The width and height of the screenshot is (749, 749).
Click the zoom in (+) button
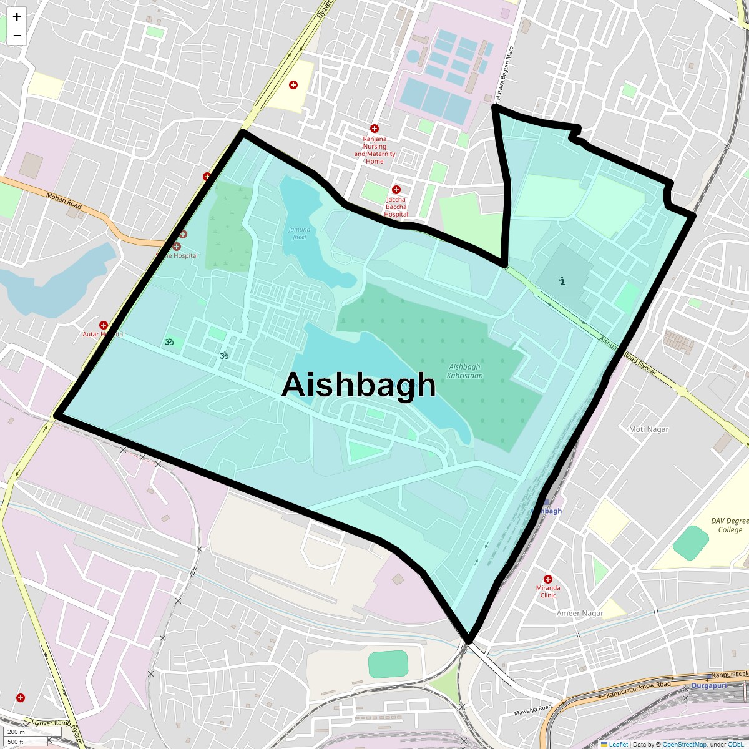pyautogui.click(x=17, y=17)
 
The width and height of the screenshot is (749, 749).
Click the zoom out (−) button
pyautogui.click(x=17, y=36)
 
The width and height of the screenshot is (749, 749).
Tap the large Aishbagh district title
pyautogui.click(x=358, y=384)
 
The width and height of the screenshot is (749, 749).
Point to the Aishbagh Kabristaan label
pyautogui.click(x=465, y=371)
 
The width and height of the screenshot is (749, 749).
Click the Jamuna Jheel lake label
pyautogui.click(x=299, y=233)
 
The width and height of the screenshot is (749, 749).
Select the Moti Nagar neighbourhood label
pyautogui.click(x=649, y=429)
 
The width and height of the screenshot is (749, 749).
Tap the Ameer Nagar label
pyautogui.click(x=580, y=613)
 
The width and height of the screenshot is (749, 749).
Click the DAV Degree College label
pyautogui.click(x=730, y=526)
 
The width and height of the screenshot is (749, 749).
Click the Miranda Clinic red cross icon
pyautogui.click(x=548, y=579)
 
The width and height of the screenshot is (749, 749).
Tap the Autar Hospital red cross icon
pyautogui.click(x=104, y=325)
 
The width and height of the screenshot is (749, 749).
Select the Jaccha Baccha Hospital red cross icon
pyautogui.click(x=396, y=190)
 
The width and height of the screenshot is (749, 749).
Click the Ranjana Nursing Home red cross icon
pyautogui.click(x=374, y=129)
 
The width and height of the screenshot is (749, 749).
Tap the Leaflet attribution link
pyautogui.click(x=618, y=744)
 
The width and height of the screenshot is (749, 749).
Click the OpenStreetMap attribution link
pyautogui.click(x=684, y=744)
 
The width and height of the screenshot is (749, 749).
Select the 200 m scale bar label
pyautogui.click(x=17, y=732)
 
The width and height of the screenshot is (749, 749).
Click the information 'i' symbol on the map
pyautogui.click(x=562, y=281)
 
